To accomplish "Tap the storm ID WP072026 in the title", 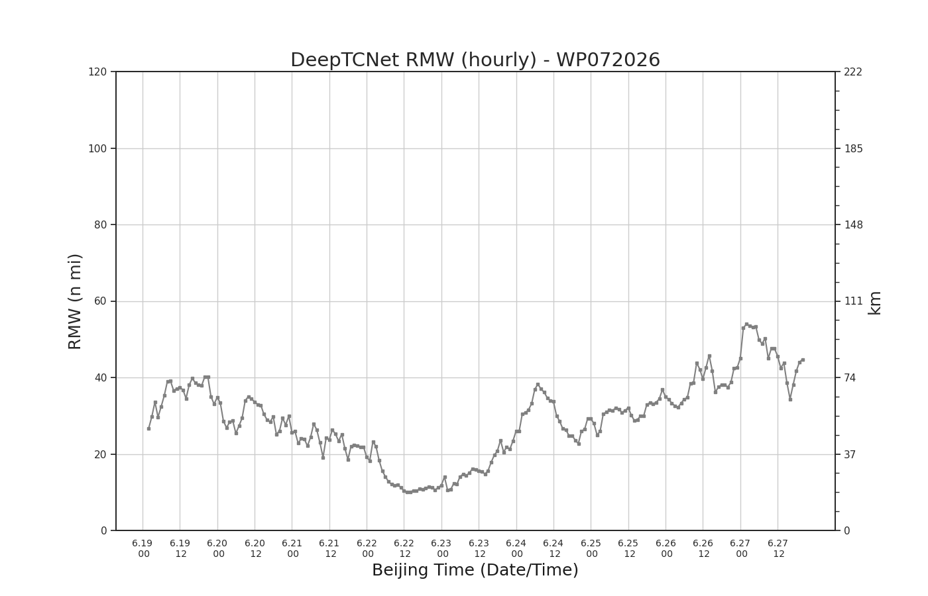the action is (608, 60).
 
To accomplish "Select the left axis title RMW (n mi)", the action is (74, 301).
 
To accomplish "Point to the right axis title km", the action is (874, 303).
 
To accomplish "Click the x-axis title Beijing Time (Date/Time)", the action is (475, 570).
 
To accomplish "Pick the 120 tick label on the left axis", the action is (97, 72).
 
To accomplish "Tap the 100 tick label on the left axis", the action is (97, 148).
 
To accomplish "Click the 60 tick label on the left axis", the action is (100, 301).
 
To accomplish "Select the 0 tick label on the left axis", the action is (103, 531).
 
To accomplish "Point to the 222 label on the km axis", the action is (854, 72).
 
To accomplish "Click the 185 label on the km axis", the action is (854, 148).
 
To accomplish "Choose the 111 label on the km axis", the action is (854, 301).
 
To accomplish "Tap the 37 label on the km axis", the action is (850, 454).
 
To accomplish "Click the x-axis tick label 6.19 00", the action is (143, 548).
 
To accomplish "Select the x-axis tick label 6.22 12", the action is (404, 548).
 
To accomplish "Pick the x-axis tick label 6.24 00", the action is (516, 548).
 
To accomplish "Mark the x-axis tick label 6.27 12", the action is (778, 548).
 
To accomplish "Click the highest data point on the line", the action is (746, 324).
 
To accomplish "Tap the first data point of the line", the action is (148, 429).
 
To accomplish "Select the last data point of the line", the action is (803, 360).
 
